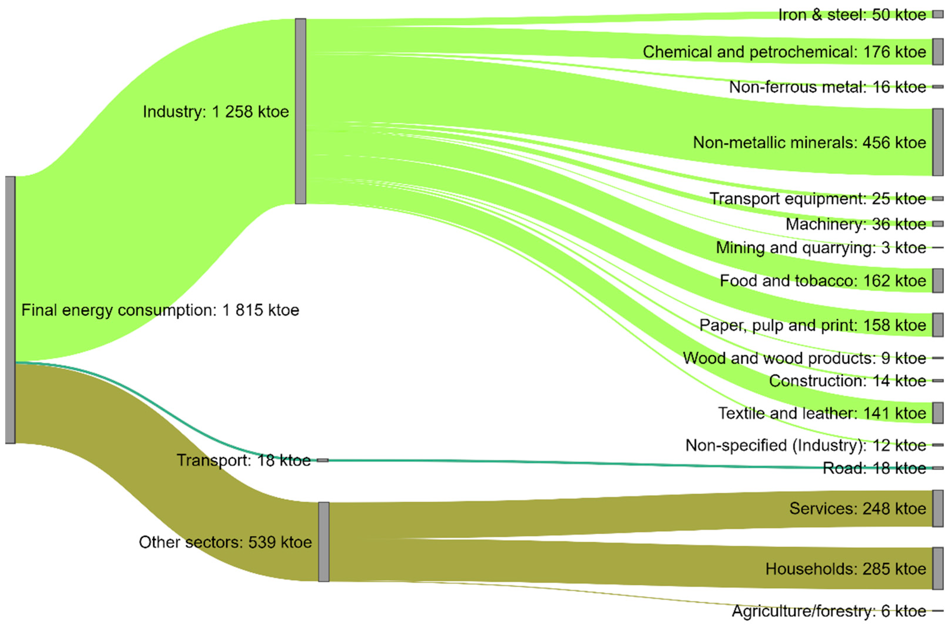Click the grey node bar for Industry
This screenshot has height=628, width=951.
click(x=301, y=111)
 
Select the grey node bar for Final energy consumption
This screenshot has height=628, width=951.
click(x=10, y=310)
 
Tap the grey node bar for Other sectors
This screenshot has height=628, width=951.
click(x=324, y=541)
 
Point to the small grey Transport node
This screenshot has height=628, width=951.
click(x=323, y=460)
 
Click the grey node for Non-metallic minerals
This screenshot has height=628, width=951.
click(x=937, y=142)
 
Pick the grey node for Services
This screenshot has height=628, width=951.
click(x=937, y=508)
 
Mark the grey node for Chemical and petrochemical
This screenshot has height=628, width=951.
click(x=937, y=52)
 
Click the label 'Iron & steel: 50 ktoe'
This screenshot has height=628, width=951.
click(x=852, y=15)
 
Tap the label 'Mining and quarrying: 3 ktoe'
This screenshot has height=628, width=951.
click(x=821, y=247)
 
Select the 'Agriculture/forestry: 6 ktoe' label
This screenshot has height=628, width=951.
click(x=829, y=611)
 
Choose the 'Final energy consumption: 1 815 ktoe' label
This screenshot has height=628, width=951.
click(x=160, y=310)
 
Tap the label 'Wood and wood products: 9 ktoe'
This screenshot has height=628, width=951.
click(x=804, y=358)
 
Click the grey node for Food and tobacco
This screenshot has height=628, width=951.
click(x=937, y=280)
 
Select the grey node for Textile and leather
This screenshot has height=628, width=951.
click(x=937, y=413)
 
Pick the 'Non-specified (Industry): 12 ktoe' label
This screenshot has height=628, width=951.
click(x=806, y=445)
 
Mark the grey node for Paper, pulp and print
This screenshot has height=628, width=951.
click(x=937, y=325)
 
